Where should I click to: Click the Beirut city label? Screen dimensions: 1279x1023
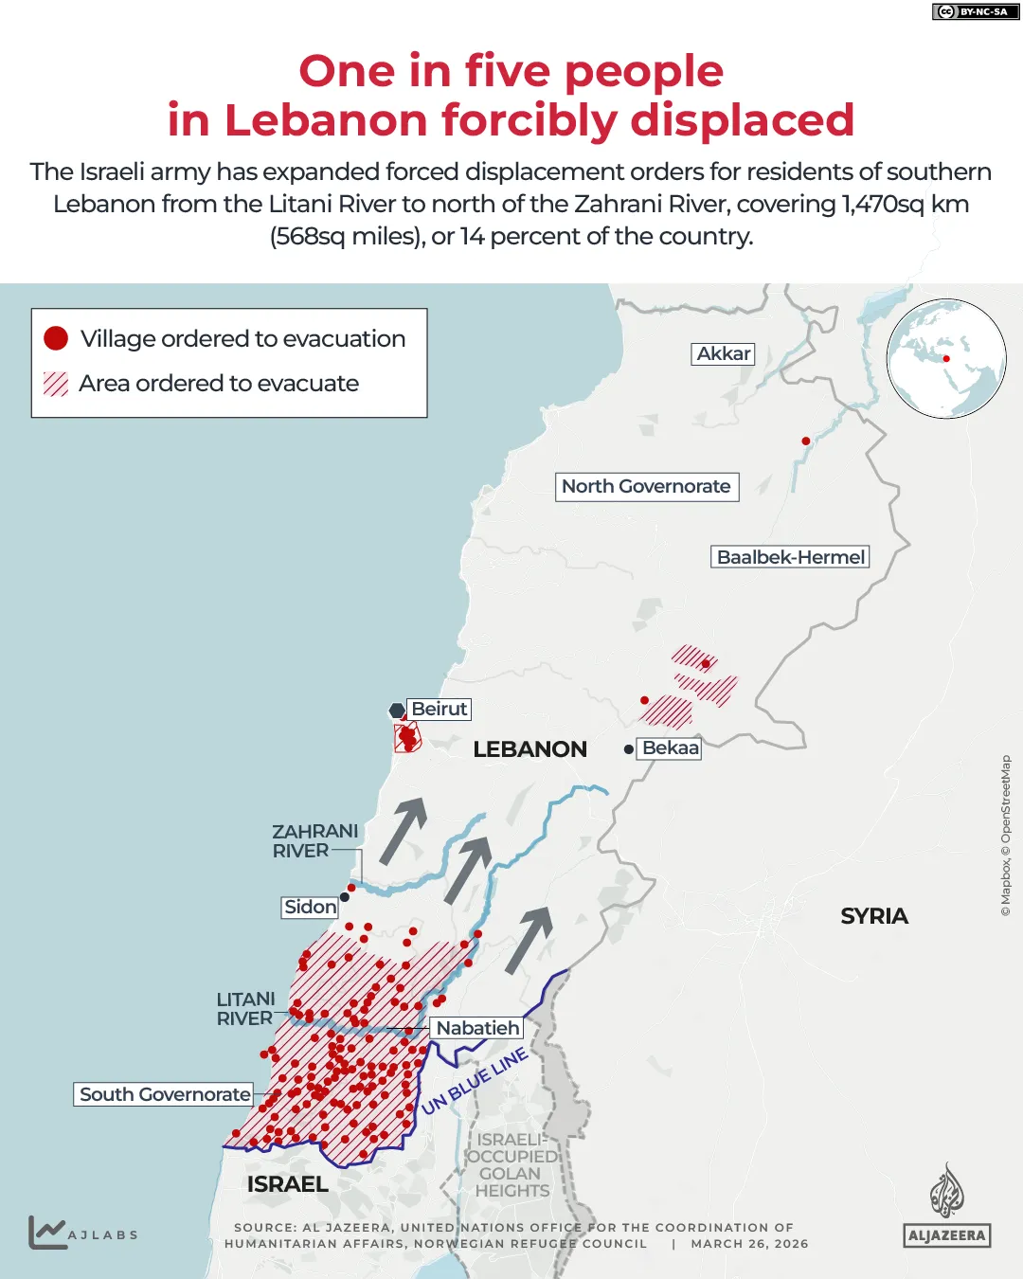click(x=439, y=709)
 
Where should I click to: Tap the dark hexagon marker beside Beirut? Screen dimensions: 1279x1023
click(x=397, y=711)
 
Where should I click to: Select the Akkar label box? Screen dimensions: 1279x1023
click(x=723, y=353)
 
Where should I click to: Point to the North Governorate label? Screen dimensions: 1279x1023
click(x=646, y=486)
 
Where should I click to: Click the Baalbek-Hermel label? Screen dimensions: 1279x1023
click(x=790, y=557)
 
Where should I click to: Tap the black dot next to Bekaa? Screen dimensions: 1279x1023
click(x=629, y=749)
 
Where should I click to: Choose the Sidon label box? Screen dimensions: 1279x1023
click(x=310, y=907)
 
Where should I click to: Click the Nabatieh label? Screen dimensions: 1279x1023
click(x=477, y=1028)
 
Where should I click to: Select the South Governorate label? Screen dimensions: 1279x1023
click(x=165, y=1094)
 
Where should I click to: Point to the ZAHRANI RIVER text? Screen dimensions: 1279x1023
click(x=314, y=840)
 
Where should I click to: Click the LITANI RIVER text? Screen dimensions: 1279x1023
click(x=245, y=1009)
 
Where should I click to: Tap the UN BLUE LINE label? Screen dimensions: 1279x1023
click(x=475, y=1081)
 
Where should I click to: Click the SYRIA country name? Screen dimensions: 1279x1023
click(x=873, y=916)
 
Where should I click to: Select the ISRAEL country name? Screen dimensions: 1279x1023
click(x=287, y=1184)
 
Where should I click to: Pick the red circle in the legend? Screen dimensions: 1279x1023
click(x=56, y=338)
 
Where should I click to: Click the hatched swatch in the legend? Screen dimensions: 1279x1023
click(x=56, y=384)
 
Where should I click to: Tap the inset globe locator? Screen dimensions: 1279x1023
click(x=945, y=358)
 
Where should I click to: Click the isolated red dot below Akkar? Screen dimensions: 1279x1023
click(x=806, y=441)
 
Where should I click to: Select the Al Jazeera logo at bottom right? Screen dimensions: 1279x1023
click(x=946, y=1206)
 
